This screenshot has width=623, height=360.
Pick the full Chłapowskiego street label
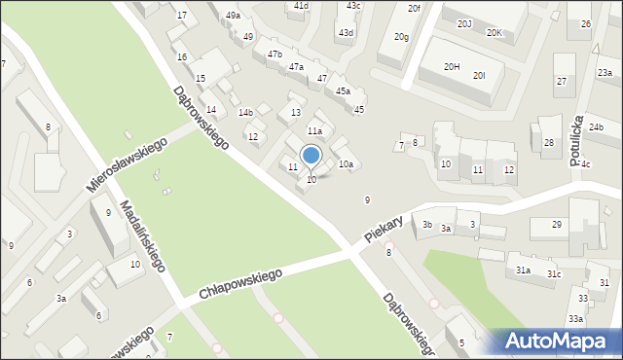(239, 284)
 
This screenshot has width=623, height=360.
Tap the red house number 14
(210, 109)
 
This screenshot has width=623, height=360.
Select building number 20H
(452, 66)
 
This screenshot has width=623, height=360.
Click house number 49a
(233, 16)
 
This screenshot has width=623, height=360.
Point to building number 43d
(346, 32)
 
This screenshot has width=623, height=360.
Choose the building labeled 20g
(401, 36)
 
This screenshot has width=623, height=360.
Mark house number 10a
(346, 164)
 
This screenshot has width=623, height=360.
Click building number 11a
(314, 130)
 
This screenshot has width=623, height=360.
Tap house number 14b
(245, 113)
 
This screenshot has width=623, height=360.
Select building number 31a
(523, 270)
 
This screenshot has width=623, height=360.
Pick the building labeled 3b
(427, 225)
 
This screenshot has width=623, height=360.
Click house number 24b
(596, 127)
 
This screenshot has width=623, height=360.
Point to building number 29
(556, 225)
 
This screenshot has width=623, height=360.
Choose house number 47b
(275, 54)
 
